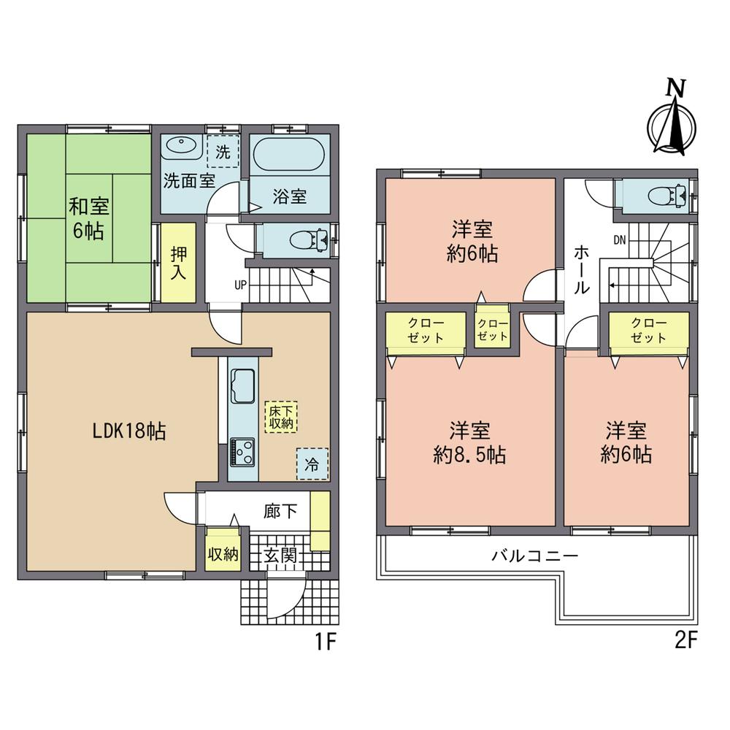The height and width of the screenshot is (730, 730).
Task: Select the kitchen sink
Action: [x=242, y=384]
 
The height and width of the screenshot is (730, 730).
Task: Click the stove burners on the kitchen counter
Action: [x=242, y=451]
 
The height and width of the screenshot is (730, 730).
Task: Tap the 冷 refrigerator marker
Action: [x=312, y=463]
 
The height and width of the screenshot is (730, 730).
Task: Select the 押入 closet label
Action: [x=178, y=264]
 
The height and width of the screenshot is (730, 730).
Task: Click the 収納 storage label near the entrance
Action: [x=222, y=553]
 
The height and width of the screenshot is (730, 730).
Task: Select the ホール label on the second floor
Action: [x=581, y=269]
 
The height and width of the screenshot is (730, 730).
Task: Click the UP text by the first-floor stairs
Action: [x=239, y=285]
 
